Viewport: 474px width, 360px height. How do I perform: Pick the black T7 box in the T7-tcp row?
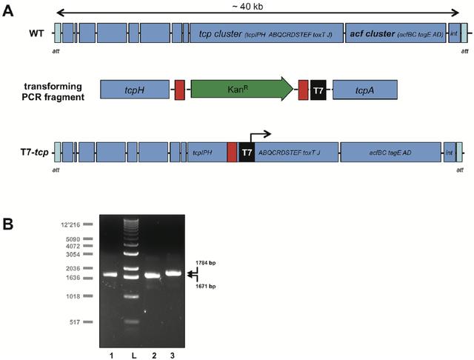click(x=247, y=152)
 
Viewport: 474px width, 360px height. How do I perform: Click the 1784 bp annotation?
click(x=205, y=263)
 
